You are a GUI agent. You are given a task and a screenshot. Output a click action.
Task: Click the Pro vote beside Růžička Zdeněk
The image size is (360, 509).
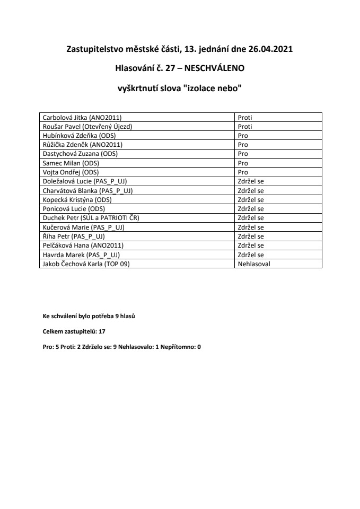point(243,144)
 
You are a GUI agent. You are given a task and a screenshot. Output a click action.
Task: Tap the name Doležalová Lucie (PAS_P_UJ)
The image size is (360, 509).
point(84,181)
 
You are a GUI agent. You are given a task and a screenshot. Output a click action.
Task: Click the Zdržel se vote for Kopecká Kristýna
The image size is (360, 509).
point(251,199)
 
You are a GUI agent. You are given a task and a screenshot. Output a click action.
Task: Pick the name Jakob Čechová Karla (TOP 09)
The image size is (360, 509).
point(86,263)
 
